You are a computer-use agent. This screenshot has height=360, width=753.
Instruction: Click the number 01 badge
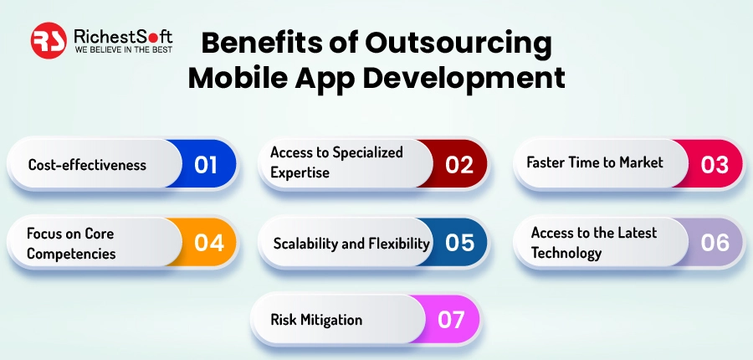coord(207,164)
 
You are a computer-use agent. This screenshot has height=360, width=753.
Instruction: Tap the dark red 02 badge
coord(458,164)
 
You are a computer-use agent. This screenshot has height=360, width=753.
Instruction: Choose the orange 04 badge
coord(207,243)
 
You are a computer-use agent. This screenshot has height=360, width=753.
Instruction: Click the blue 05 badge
coord(459,243)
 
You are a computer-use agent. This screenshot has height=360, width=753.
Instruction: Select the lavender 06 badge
coord(714,243)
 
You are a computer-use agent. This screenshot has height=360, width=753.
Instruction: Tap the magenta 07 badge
coord(451,320)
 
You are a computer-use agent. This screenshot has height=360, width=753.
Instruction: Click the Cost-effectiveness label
coord(87,165)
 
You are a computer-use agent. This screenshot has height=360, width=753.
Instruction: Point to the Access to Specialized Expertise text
coord(336,162)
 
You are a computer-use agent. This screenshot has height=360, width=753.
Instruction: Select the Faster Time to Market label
coord(594,162)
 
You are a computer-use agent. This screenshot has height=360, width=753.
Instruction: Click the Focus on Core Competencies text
coord(70,243)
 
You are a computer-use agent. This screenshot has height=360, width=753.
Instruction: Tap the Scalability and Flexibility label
coord(351,244)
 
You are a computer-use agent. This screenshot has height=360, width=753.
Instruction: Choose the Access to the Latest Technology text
coord(594,242)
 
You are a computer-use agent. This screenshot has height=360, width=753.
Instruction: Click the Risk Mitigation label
coord(316,320)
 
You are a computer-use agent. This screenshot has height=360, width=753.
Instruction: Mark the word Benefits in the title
coord(257,43)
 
